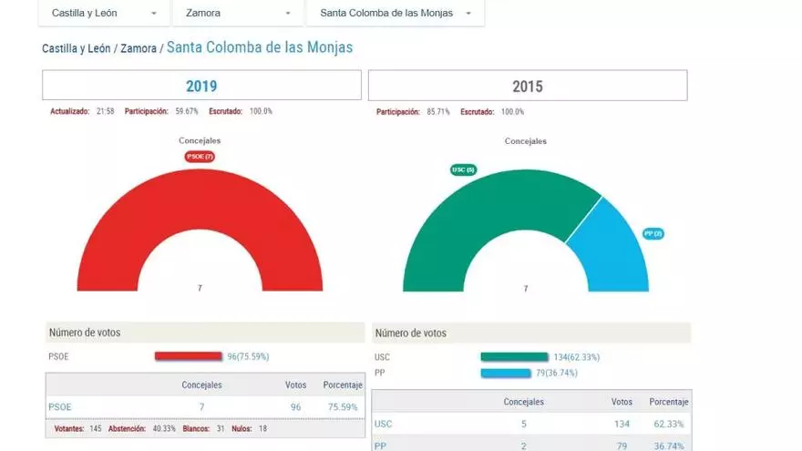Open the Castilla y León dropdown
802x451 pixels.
(104, 14)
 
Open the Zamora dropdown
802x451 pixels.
(237, 14)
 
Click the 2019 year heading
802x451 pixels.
(201, 87)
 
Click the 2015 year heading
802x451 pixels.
(527, 87)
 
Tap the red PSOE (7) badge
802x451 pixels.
(200, 157)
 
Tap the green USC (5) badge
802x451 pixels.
(463, 169)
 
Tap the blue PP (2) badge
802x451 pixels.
(653, 234)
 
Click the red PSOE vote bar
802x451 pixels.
(188, 356)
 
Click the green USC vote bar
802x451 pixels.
(514, 357)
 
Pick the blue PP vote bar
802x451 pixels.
(505, 373)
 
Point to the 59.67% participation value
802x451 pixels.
(186, 111)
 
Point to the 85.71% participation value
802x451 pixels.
(437, 111)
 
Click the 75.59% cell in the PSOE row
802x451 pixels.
(343, 407)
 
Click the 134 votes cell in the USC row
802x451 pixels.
(622, 424)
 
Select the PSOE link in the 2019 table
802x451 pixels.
(60, 407)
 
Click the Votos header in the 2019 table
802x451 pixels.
(295, 385)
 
